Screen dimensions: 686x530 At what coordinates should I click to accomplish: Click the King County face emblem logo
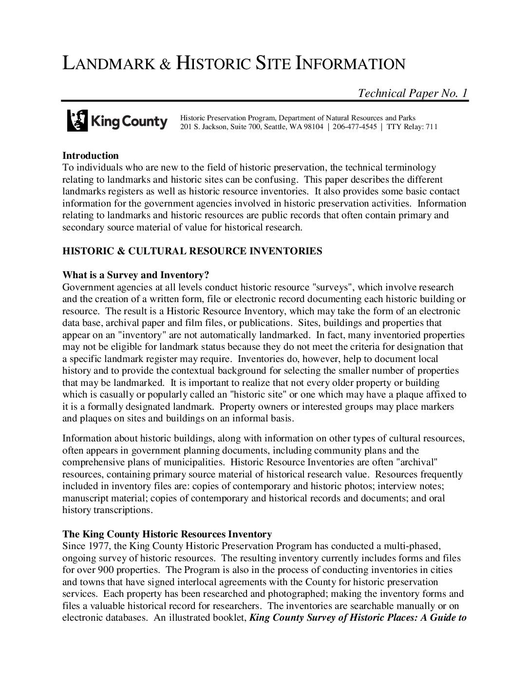(77, 120)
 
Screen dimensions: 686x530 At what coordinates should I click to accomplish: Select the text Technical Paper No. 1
(413, 93)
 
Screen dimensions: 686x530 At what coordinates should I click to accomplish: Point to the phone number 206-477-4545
(355, 127)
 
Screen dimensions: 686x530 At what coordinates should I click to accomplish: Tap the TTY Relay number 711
(432, 127)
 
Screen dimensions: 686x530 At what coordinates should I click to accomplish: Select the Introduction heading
(91, 155)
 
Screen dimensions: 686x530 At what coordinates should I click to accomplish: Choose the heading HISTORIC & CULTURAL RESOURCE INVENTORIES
(192, 251)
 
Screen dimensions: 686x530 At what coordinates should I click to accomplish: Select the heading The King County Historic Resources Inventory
(167, 534)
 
